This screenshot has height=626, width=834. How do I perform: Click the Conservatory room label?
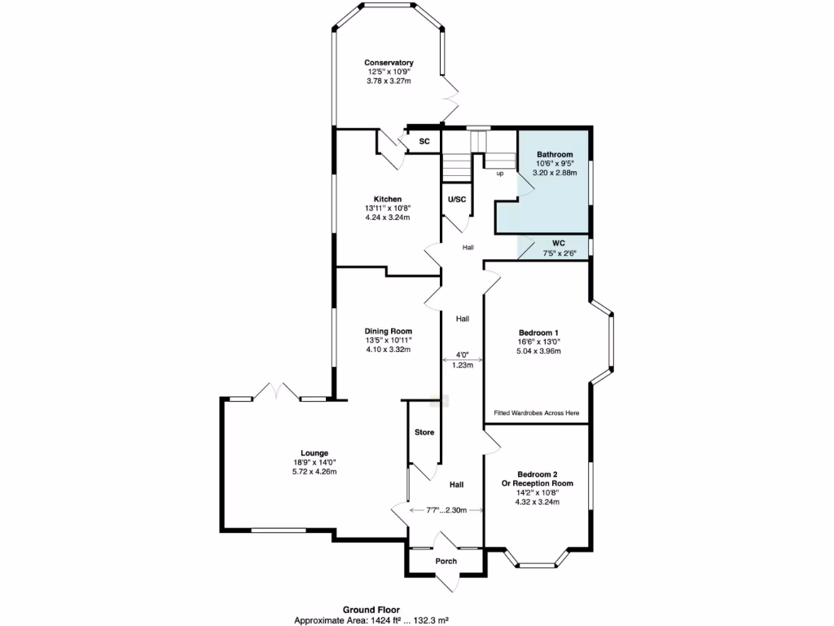pyautogui.click(x=388, y=63)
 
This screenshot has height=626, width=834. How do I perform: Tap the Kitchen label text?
pyautogui.click(x=387, y=199)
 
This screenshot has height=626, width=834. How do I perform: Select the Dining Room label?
pyautogui.click(x=388, y=331)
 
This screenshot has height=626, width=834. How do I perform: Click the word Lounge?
pyautogui.click(x=314, y=453)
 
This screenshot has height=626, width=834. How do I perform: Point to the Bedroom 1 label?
pyautogui.click(x=538, y=333)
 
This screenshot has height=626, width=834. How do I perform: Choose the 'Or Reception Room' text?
pyautogui.click(x=538, y=483)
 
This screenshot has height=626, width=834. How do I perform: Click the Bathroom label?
pyautogui.click(x=555, y=155)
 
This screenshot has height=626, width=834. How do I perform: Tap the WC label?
pyautogui.click(x=559, y=243)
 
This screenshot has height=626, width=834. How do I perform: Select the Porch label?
pyautogui.click(x=446, y=561)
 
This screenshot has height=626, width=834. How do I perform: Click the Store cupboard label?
pyautogui.click(x=424, y=432)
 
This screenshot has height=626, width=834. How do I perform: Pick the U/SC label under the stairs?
pyautogui.click(x=457, y=199)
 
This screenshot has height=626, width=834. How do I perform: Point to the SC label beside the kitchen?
pyautogui.click(x=424, y=142)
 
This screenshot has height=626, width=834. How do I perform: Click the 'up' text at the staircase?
pyautogui.click(x=499, y=173)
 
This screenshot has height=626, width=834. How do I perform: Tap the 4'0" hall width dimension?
pyautogui.click(x=462, y=355)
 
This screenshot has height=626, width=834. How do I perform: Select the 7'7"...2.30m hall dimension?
pyautogui.click(x=446, y=510)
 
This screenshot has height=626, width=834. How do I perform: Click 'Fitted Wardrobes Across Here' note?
pyautogui.click(x=537, y=413)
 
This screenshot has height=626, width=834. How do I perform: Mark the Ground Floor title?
pyautogui.click(x=371, y=610)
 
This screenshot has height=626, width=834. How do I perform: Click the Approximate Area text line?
pyautogui.click(x=371, y=620)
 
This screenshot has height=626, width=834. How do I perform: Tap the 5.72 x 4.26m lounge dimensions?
pyautogui.click(x=314, y=471)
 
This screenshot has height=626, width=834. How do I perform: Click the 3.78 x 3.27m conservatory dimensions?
pyautogui.click(x=388, y=82)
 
